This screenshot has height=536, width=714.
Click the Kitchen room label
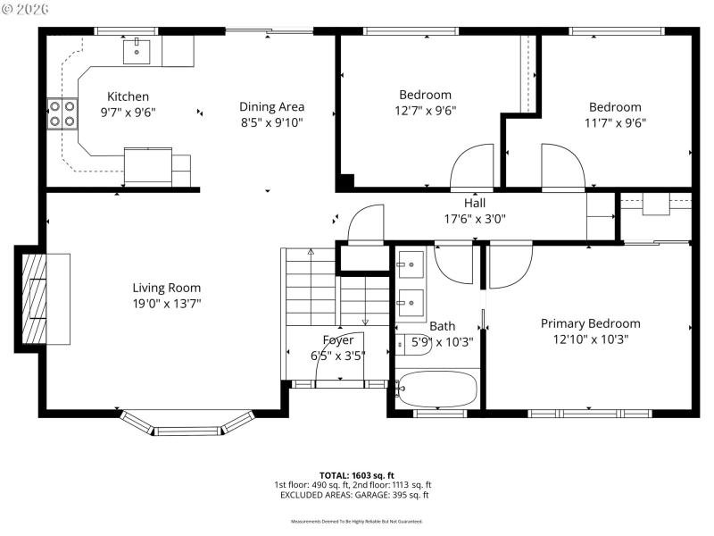(x=128, y=96)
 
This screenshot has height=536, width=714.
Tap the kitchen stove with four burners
(x=62, y=113)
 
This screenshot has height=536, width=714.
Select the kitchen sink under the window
(x=137, y=51)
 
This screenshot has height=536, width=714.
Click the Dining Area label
(x=271, y=107)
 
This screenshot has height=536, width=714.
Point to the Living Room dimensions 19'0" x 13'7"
(x=167, y=304)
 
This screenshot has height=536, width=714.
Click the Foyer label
(x=338, y=340)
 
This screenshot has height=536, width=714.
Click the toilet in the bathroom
(x=413, y=343)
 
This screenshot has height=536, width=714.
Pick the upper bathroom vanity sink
(x=411, y=264)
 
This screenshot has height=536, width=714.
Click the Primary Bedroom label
(x=590, y=323)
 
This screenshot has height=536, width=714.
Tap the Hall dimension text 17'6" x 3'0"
(x=474, y=219)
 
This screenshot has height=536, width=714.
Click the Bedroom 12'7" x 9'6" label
(x=425, y=95)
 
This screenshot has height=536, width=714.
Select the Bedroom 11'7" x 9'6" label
(x=612, y=107)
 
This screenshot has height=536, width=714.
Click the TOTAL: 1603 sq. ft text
(x=357, y=475)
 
